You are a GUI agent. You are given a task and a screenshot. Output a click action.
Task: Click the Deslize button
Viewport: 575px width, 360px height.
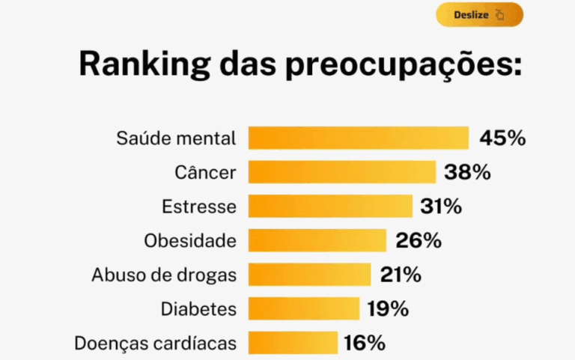point(479,14)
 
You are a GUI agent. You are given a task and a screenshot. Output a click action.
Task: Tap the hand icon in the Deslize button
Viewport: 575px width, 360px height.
point(500,14)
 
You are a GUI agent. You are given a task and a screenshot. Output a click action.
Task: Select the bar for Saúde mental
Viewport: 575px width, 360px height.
point(359,138)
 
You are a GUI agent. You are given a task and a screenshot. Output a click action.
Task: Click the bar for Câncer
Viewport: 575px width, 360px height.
point(342,172)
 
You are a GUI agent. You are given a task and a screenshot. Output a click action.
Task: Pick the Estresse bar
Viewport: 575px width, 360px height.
point(330,206)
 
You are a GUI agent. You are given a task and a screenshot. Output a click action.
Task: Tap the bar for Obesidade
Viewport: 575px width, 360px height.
point(317,240)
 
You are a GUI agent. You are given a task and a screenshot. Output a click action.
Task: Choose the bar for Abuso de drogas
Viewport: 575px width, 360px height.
point(309,275)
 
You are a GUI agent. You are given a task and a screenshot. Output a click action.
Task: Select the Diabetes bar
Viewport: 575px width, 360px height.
point(304,308)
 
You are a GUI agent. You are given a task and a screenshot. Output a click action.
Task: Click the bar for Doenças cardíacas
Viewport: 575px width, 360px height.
point(293,343)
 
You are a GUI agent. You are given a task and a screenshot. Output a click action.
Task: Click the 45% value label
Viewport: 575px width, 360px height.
point(502,138)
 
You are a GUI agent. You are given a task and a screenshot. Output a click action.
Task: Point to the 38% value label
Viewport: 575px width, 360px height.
point(467,172)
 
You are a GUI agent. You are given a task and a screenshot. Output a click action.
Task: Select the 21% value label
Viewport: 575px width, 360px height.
point(401,275)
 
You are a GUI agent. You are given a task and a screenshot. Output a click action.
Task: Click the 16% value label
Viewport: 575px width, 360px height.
point(365,343)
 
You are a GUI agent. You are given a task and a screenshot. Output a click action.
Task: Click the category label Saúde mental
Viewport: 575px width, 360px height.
point(176,138)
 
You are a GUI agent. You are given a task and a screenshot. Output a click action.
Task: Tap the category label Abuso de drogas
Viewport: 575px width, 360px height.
point(164,275)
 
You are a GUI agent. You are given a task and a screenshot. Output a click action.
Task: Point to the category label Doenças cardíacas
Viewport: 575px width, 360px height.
point(156,344)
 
